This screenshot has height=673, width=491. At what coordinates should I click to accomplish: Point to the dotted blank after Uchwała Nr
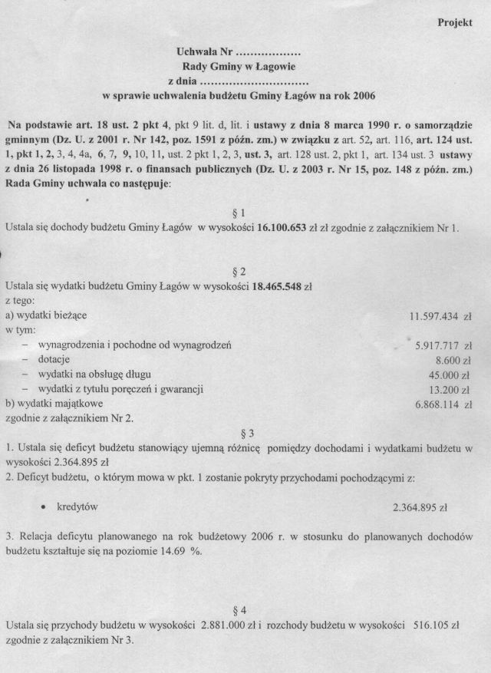point(267,54)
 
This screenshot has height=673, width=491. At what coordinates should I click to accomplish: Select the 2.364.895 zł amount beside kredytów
point(420,508)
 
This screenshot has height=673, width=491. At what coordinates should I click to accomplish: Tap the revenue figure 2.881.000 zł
point(232,627)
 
